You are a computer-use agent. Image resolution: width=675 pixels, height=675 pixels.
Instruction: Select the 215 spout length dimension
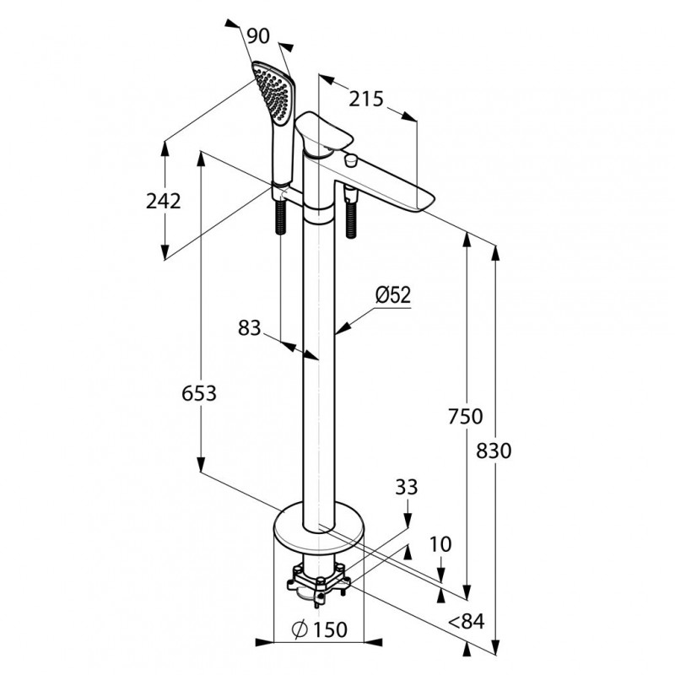click(x=366, y=99)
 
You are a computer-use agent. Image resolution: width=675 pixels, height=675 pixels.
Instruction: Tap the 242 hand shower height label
click(x=164, y=201)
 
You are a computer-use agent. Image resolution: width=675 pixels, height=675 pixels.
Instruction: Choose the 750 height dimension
click(x=466, y=416)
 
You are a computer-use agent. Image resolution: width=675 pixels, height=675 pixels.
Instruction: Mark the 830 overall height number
click(x=494, y=451)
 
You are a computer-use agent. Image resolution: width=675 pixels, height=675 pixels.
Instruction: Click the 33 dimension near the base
click(x=406, y=487)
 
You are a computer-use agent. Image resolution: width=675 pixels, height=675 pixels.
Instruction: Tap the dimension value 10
click(x=440, y=544)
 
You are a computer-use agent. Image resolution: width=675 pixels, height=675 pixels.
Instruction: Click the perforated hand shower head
click(x=274, y=92)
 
